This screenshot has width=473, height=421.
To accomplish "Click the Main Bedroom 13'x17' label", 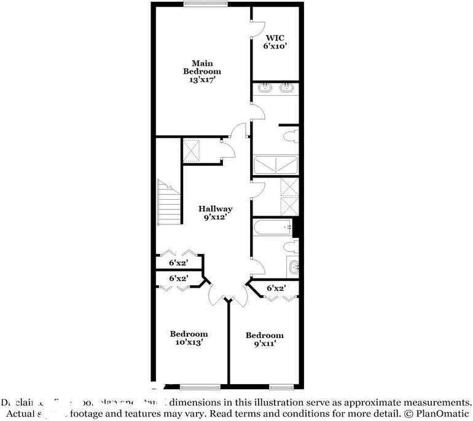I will (202, 71).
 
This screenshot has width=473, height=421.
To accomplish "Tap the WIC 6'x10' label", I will (275, 41).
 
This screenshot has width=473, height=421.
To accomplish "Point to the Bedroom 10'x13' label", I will (189, 338).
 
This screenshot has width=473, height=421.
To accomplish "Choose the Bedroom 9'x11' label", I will (265, 339).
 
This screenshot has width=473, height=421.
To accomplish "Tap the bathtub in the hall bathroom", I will (273, 228).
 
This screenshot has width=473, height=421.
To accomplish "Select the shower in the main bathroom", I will (276, 165).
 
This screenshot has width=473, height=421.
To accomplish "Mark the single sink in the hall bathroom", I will (293, 266).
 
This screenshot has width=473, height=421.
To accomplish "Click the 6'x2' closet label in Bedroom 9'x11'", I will (276, 288).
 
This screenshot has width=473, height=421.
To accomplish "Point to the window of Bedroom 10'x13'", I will (200, 387).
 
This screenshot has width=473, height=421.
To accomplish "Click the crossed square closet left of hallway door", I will (193, 149).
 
